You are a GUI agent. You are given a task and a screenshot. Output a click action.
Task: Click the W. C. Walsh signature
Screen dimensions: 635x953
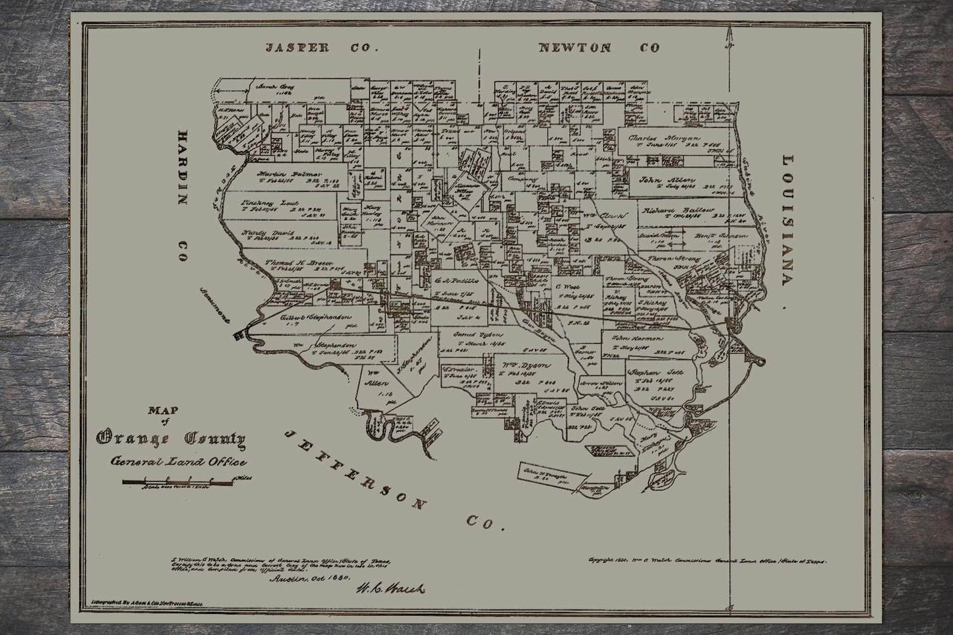(390, 588)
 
